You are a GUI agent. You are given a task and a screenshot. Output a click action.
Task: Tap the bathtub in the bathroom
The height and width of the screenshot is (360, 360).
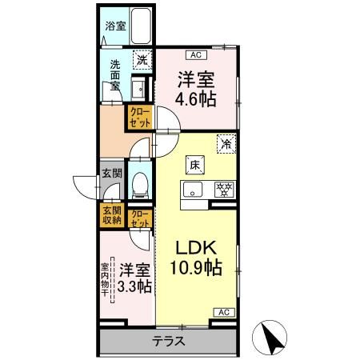pyautogui.click(x=140, y=30)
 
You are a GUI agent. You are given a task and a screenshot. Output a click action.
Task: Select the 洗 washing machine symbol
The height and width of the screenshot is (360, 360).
pyautogui.click(x=141, y=58)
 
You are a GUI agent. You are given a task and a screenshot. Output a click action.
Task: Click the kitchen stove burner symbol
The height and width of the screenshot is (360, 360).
pyautogui.click(x=225, y=190)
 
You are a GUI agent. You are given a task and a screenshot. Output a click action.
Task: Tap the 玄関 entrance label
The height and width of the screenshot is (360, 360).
pyautogui.click(x=111, y=172)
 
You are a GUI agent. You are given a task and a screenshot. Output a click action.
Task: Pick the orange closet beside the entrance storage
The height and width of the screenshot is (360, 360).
pyautogui.click(x=139, y=218)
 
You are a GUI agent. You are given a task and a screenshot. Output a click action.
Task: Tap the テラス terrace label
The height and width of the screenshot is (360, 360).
pyautogui.click(x=168, y=340)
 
